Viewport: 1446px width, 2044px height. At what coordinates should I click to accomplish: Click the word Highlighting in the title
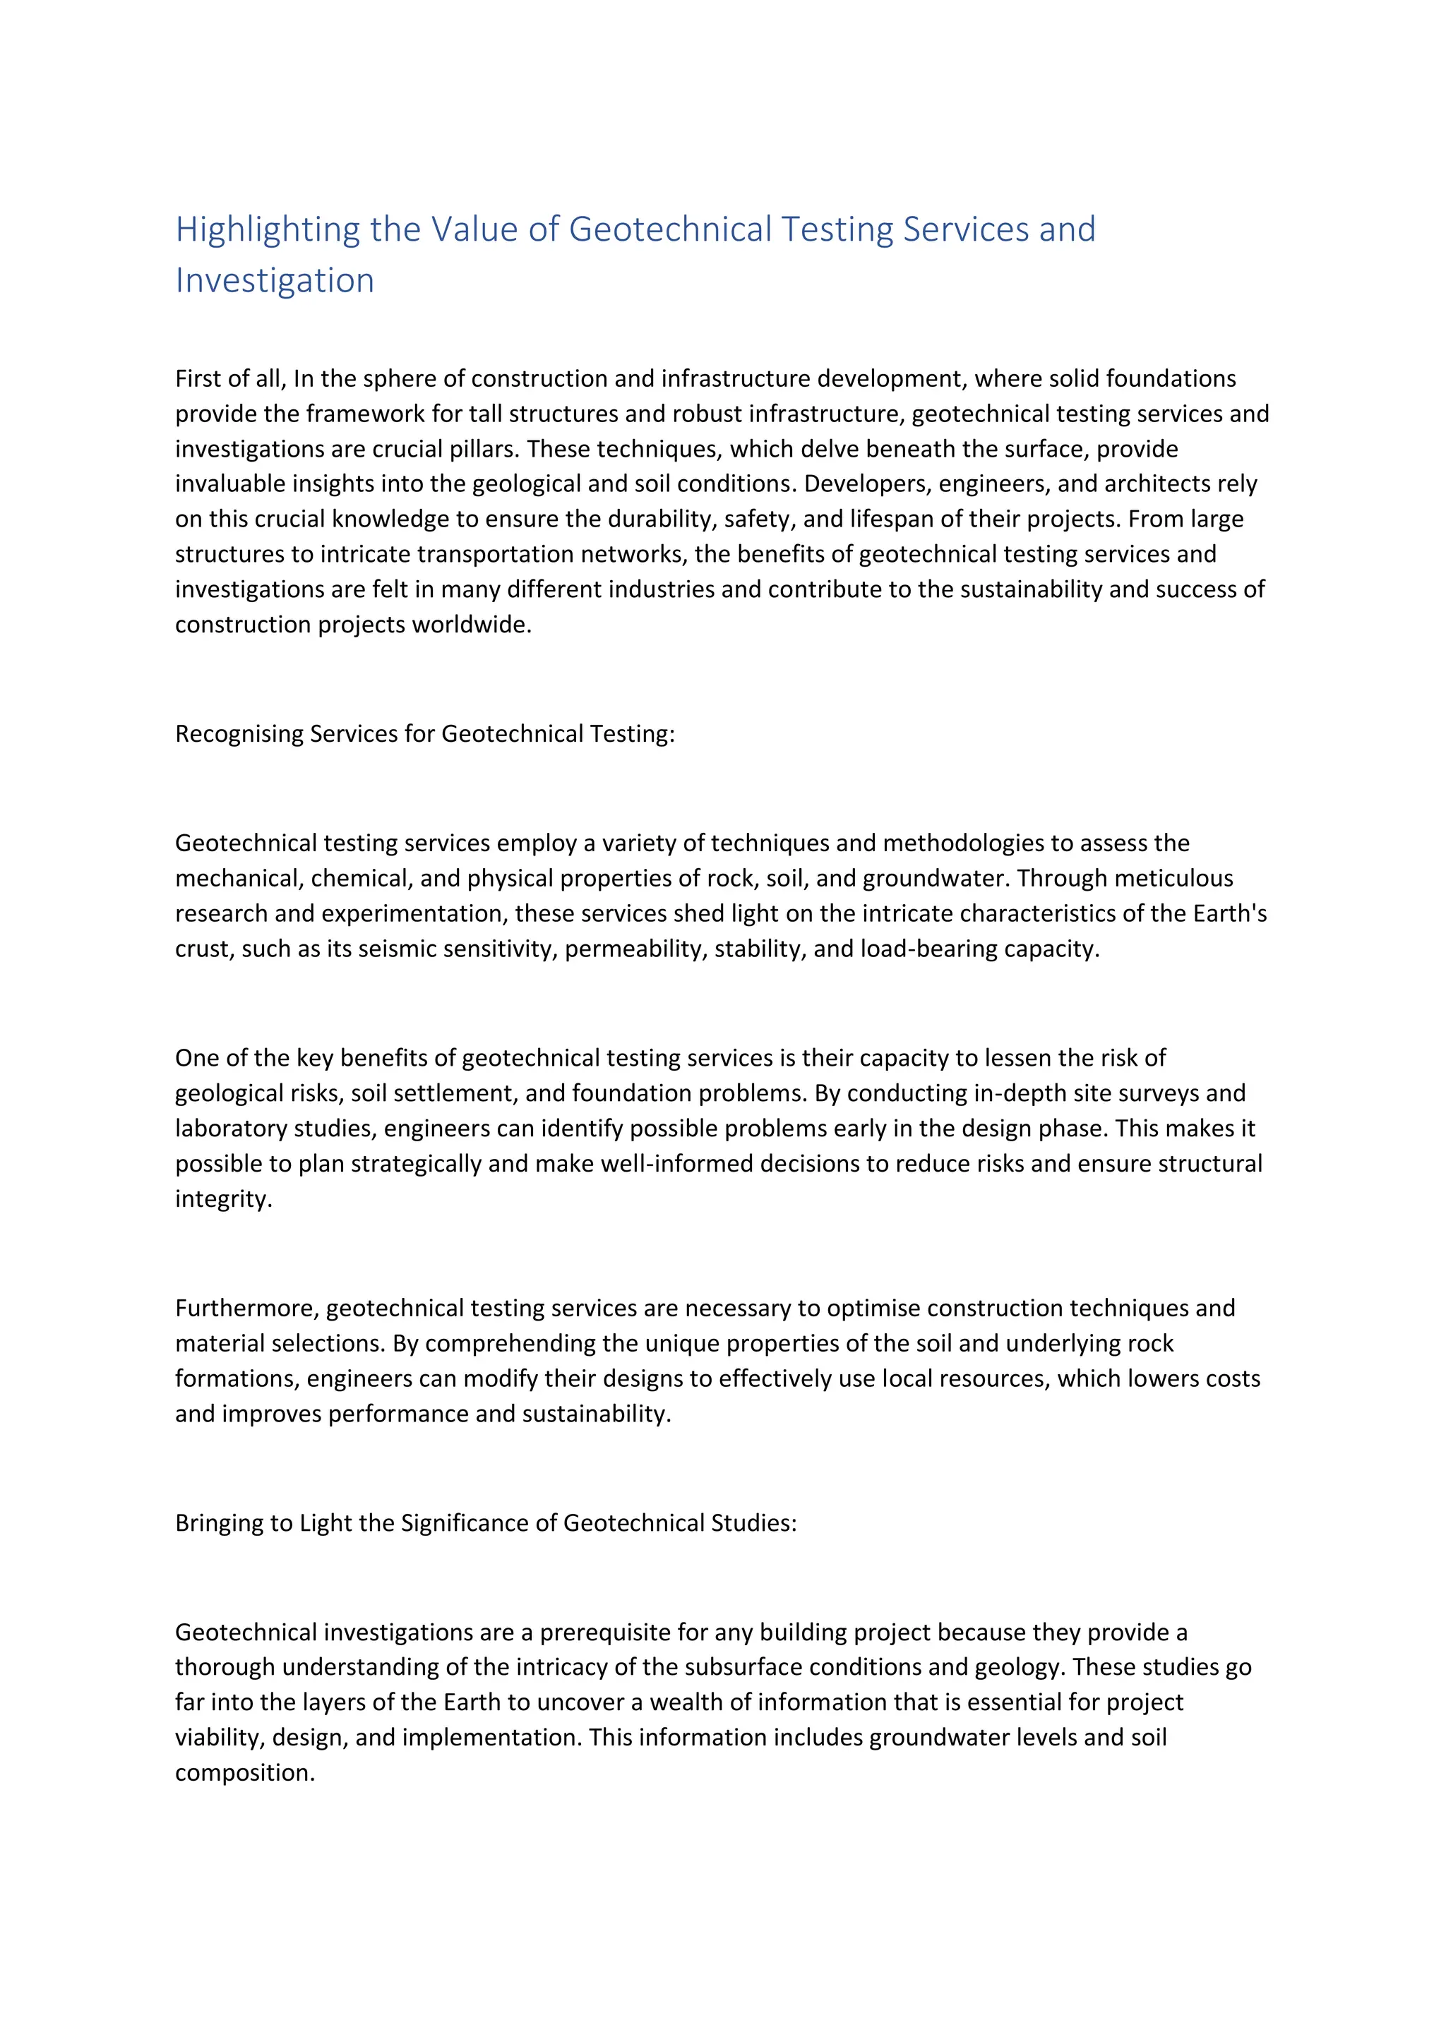tap(267, 229)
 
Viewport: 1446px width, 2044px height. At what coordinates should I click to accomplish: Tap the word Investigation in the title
tap(274, 280)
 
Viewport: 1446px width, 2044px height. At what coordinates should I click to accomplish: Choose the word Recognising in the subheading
tap(239, 735)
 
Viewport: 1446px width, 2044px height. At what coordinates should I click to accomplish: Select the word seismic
tap(393, 949)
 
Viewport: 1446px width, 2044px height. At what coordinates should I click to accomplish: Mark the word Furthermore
tap(248, 1309)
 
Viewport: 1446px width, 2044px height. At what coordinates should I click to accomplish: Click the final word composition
tap(245, 1774)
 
